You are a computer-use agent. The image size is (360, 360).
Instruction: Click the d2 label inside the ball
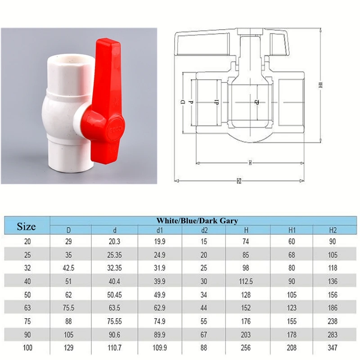[x=256, y=102]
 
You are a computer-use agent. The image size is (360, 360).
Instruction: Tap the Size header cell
[x=26, y=225]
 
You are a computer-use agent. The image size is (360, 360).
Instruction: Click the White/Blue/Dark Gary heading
[x=197, y=221]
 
